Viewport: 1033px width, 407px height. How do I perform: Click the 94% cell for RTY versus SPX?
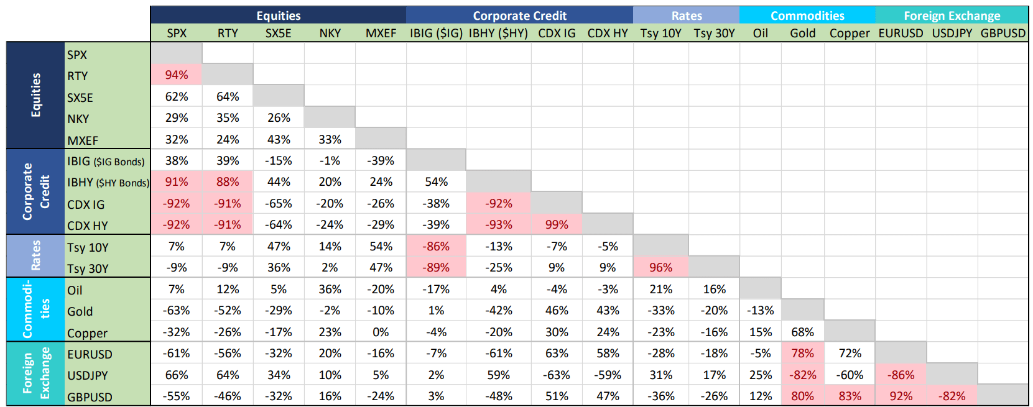coord(176,75)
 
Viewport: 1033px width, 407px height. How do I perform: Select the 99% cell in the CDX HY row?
coord(556,224)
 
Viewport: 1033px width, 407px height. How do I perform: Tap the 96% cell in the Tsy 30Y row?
coord(660,267)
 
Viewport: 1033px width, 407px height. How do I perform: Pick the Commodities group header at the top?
coord(807,16)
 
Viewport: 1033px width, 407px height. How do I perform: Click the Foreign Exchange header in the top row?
coord(952,16)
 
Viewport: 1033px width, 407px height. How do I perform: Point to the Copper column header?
coord(849,33)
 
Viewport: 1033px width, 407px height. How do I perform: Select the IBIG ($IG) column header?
coord(436,33)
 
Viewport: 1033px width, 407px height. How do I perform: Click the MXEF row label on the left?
coord(83,140)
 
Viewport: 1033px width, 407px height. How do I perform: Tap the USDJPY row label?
coord(88,375)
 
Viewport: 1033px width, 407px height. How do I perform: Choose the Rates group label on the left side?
coord(35,255)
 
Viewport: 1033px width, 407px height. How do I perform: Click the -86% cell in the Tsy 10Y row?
coord(436,246)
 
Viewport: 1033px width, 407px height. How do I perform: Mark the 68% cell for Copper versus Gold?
coord(802,332)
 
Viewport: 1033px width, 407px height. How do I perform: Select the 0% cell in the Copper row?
coord(381,332)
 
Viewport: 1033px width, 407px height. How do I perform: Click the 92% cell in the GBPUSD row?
coord(901,396)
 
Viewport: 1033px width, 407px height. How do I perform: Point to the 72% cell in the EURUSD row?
coord(850,353)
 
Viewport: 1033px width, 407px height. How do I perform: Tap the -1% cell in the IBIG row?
coord(330,160)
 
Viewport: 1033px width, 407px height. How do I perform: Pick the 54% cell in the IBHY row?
coord(436,181)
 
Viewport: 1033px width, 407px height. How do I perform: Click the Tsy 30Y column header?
coord(714,33)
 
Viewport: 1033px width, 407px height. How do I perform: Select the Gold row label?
coord(80,311)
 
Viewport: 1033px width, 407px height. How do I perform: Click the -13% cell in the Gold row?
coord(760,310)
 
